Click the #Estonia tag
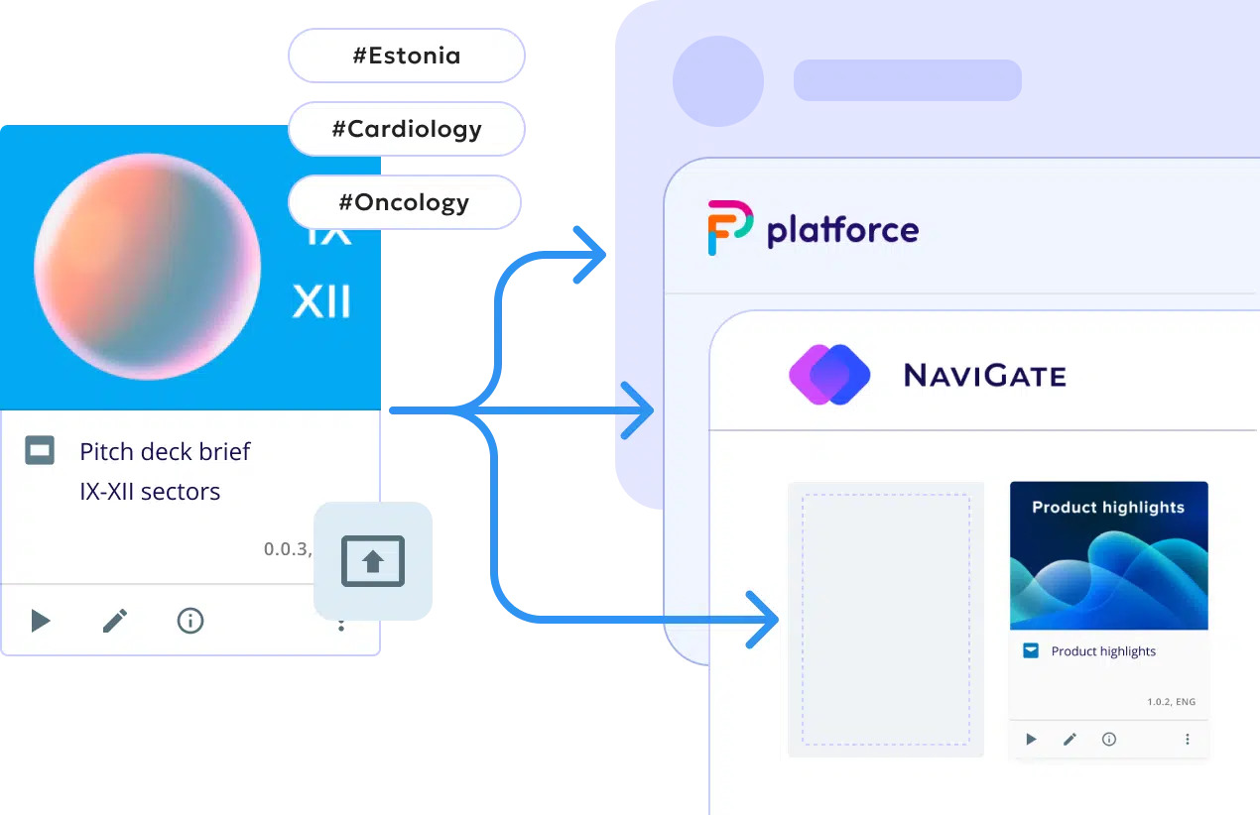click(x=406, y=56)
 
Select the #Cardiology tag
click(x=406, y=129)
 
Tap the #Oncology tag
click(x=404, y=202)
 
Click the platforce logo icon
click(x=729, y=228)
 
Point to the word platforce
click(x=842, y=230)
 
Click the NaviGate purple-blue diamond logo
click(x=829, y=375)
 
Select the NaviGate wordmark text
click(x=984, y=376)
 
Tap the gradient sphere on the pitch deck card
click(x=148, y=267)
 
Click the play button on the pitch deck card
click(x=40, y=621)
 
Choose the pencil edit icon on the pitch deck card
click(x=115, y=621)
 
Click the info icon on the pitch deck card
click(x=189, y=621)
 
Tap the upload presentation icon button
click(x=373, y=561)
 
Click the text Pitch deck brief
click(x=165, y=452)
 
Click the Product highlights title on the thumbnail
click(x=1108, y=507)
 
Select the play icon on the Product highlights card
click(x=1031, y=739)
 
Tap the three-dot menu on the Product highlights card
click(x=1188, y=739)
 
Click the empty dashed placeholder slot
click(x=885, y=620)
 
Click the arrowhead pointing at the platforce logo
click(x=593, y=255)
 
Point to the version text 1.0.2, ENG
click(x=1171, y=702)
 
